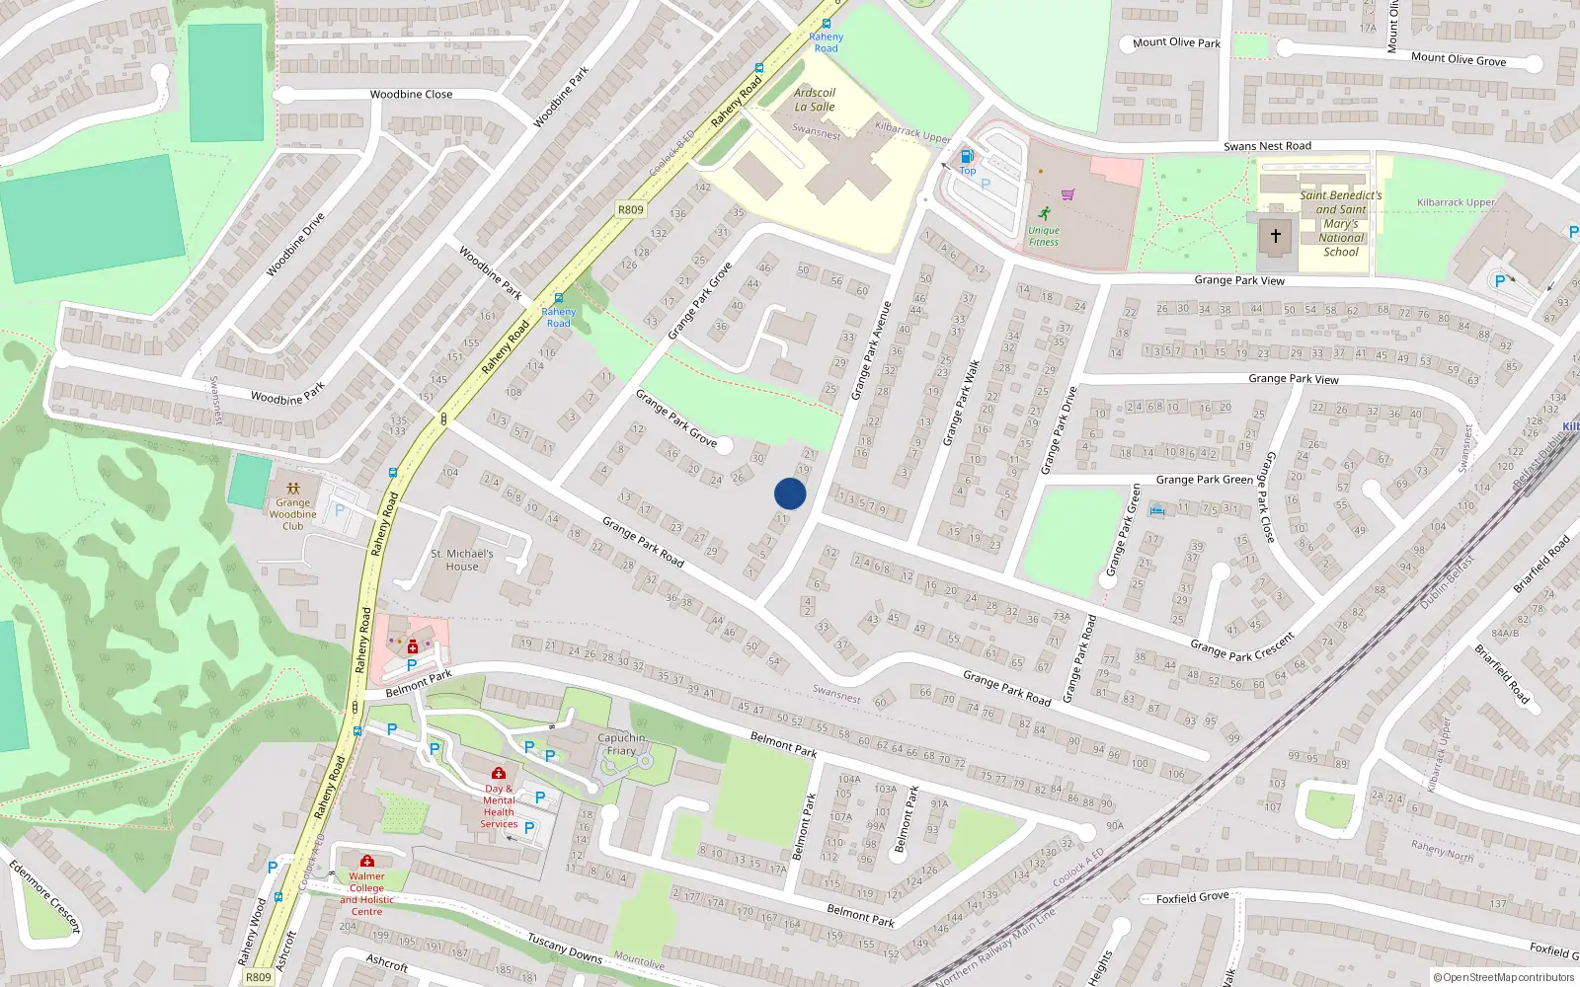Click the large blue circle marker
(x=790, y=493)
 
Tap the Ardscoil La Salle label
(x=815, y=100)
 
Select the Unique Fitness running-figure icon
(x=1044, y=213)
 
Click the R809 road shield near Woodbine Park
(x=630, y=209)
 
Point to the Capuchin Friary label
(x=621, y=744)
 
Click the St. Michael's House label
(x=461, y=560)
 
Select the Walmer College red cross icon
(x=367, y=861)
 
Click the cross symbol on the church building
(x=1275, y=236)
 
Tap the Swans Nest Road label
(x=1267, y=146)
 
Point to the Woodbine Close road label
(x=411, y=95)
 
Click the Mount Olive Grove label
(x=1458, y=59)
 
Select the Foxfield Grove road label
(x=1192, y=898)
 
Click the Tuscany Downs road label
(x=564, y=949)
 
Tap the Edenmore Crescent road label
(x=44, y=896)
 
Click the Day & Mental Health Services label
(x=499, y=806)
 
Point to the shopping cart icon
(x=1067, y=194)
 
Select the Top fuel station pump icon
(x=967, y=156)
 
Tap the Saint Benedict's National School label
(x=1340, y=223)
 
